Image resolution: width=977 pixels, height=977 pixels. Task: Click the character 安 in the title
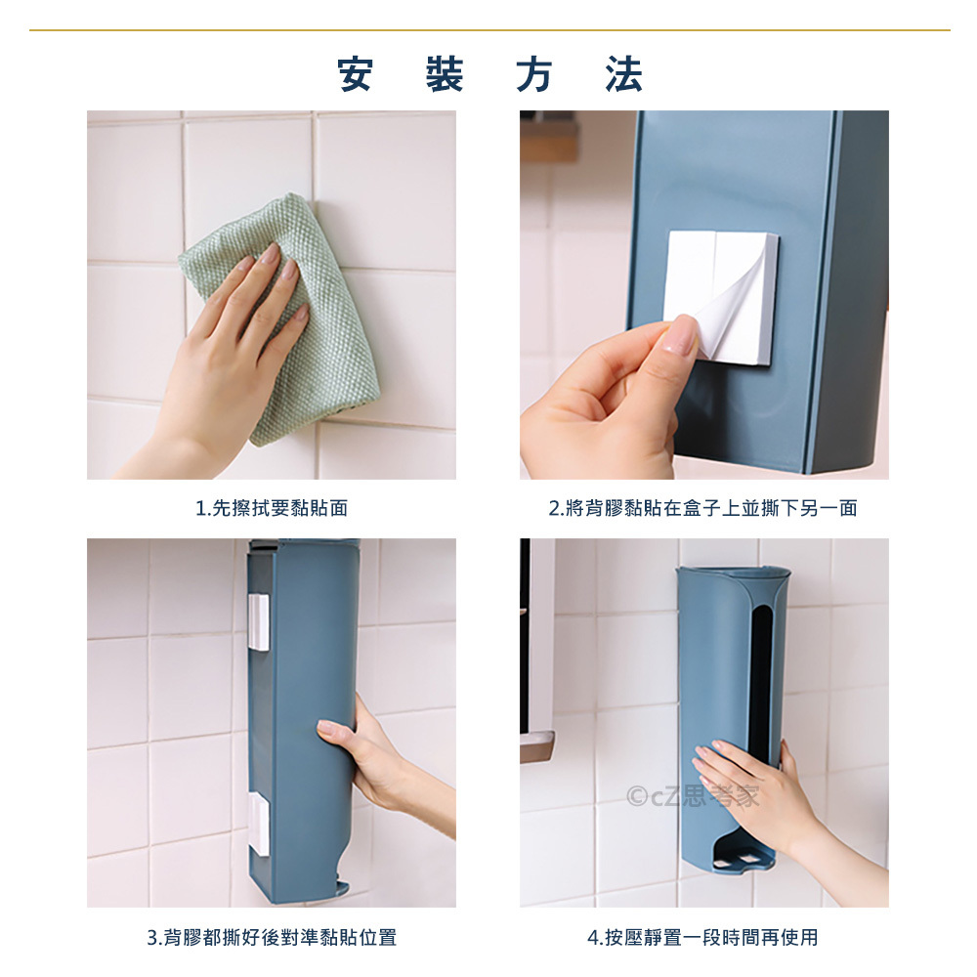point(356,74)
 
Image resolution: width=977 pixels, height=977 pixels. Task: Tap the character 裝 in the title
point(445,74)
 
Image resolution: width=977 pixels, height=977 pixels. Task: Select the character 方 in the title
point(534,74)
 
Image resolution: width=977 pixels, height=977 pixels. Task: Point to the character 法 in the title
point(623,74)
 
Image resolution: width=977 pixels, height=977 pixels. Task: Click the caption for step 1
point(272,508)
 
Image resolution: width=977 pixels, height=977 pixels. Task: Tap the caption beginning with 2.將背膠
point(703,508)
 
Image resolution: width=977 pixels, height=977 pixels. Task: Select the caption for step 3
point(272,937)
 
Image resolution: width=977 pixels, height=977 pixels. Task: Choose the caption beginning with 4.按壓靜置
point(702,937)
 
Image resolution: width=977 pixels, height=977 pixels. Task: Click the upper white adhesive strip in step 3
point(258,621)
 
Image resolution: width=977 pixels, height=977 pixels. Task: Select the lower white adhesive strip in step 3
point(259,824)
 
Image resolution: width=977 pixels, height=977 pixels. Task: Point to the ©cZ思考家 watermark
point(693,796)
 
